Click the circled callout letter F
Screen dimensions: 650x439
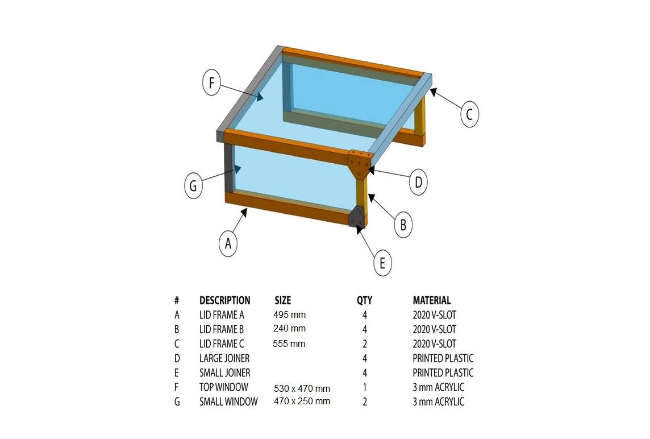pyautogui.click(x=211, y=82)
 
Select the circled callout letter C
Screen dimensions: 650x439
pyautogui.click(x=469, y=114)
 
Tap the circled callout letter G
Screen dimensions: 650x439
pyautogui.click(x=193, y=185)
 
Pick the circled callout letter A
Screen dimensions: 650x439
pyautogui.click(x=228, y=243)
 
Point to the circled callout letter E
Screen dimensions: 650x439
pyautogui.click(x=382, y=263)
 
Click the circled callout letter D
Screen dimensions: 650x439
pyautogui.click(x=418, y=182)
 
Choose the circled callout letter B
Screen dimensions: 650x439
pyautogui.click(x=403, y=225)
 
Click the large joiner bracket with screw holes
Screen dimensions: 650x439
pyautogui.click(x=360, y=163)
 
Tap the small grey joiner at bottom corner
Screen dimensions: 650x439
pyautogui.click(x=356, y=217)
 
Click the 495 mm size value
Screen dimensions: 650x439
pyautogui.click(x=289, y=314)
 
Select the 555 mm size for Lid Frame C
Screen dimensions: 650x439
pyautogui.click(x=289, y=343)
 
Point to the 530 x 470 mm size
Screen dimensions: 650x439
pyautogui.click(x=302, y=389)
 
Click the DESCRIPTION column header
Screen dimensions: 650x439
pyautogui.click(x=224, y=300)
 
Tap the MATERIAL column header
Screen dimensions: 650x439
pyautogui.click(x=432, y=300)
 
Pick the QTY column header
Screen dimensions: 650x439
pyautogui.click(x=364, y=300)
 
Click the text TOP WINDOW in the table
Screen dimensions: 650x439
pyautogui.click(x=223, y=387)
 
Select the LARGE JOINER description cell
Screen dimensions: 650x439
pyautogui.click(x=224, y=358)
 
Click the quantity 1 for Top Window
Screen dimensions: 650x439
pyautogui.click(x=365, y=387)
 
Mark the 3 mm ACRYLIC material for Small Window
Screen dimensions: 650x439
pyautogui.click(x=438, y=401)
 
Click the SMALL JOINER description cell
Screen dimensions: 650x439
pyautogui.click(x=224, y=372)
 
